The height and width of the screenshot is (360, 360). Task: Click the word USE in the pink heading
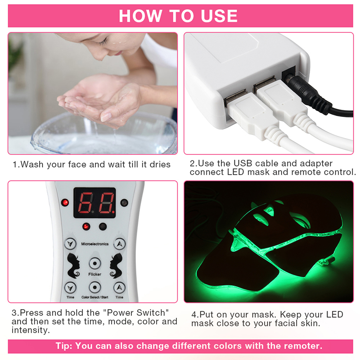point(219,16)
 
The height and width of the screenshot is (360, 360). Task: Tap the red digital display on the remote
point(94,203)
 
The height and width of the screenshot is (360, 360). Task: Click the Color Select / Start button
point(95,287)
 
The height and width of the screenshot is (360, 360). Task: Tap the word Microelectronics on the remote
point(95,244)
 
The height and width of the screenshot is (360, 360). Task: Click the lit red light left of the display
point(65,202)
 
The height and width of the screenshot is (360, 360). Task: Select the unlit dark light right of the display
point(124,203)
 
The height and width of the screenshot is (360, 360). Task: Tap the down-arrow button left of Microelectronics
point(70,243)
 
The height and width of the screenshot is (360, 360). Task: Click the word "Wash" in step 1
point(31,164)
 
